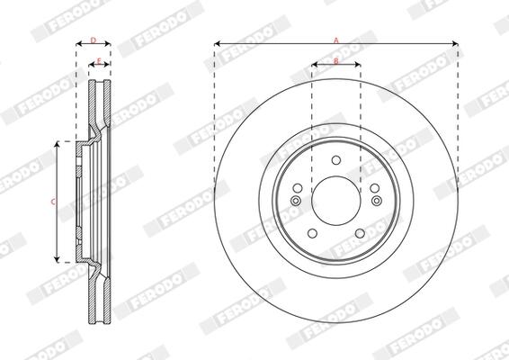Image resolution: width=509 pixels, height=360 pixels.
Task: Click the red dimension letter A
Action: point(336,40)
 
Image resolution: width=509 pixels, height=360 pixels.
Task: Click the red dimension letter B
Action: point(336,61)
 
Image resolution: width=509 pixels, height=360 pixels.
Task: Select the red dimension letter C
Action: point(53,202)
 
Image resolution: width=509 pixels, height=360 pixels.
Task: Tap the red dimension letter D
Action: point(94,40)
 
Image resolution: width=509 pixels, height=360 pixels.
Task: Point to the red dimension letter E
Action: point(99,60)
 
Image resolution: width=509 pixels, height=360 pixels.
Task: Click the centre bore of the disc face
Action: point(336,201)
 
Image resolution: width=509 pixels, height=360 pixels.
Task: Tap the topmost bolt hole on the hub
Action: point(336,160)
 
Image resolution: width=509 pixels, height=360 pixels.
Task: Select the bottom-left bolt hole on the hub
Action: point(312,233)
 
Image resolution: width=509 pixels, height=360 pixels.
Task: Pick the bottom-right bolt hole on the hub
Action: point(360,233)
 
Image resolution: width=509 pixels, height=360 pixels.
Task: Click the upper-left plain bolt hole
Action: point(298,188)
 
